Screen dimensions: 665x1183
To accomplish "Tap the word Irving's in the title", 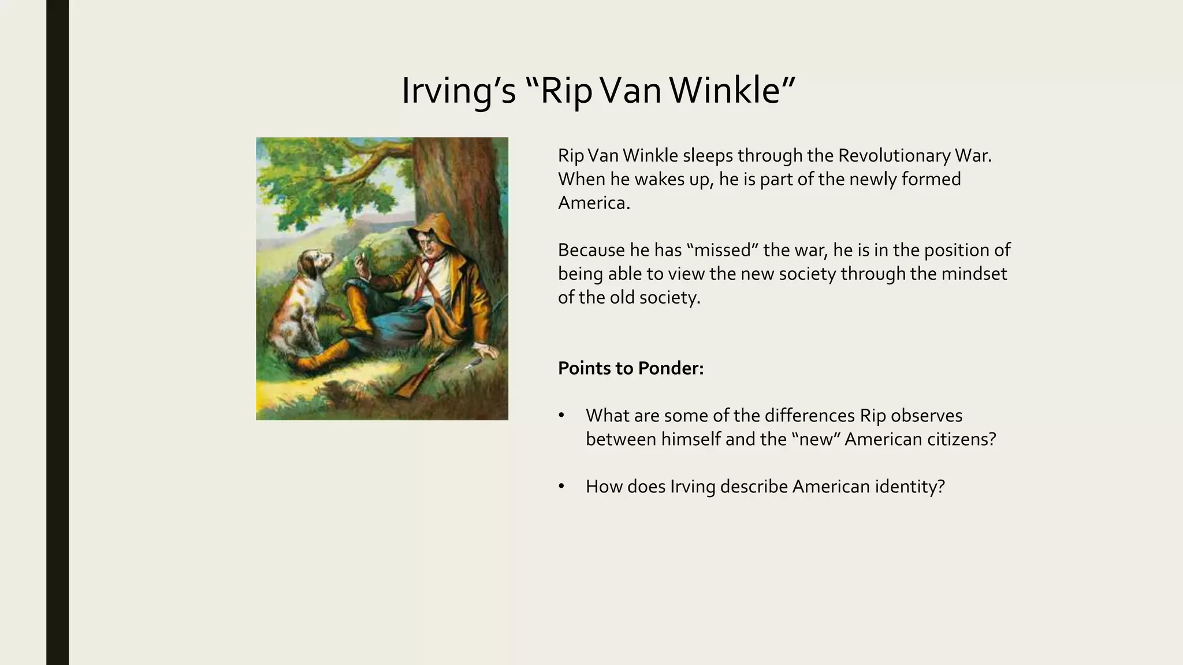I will (x=458, y=91).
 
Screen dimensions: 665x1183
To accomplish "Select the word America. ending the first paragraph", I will (x=594, y=203).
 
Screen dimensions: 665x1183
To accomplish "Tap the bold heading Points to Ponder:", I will (x=631, y=368).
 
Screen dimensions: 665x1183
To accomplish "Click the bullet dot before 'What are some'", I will (x=561, y=416).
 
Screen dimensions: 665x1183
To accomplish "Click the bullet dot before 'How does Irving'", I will (x=561, y=487).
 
